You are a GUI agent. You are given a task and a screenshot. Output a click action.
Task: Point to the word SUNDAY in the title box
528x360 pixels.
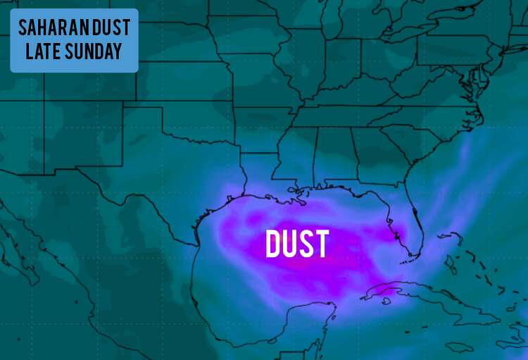pyautogui.click(x=96, y=51)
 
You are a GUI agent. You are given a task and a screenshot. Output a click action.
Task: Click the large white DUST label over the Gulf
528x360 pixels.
pyautogui.click(x=296, y=244)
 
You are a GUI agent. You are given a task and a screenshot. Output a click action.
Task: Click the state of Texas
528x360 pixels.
pyautogui.click(x=169, y=176)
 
